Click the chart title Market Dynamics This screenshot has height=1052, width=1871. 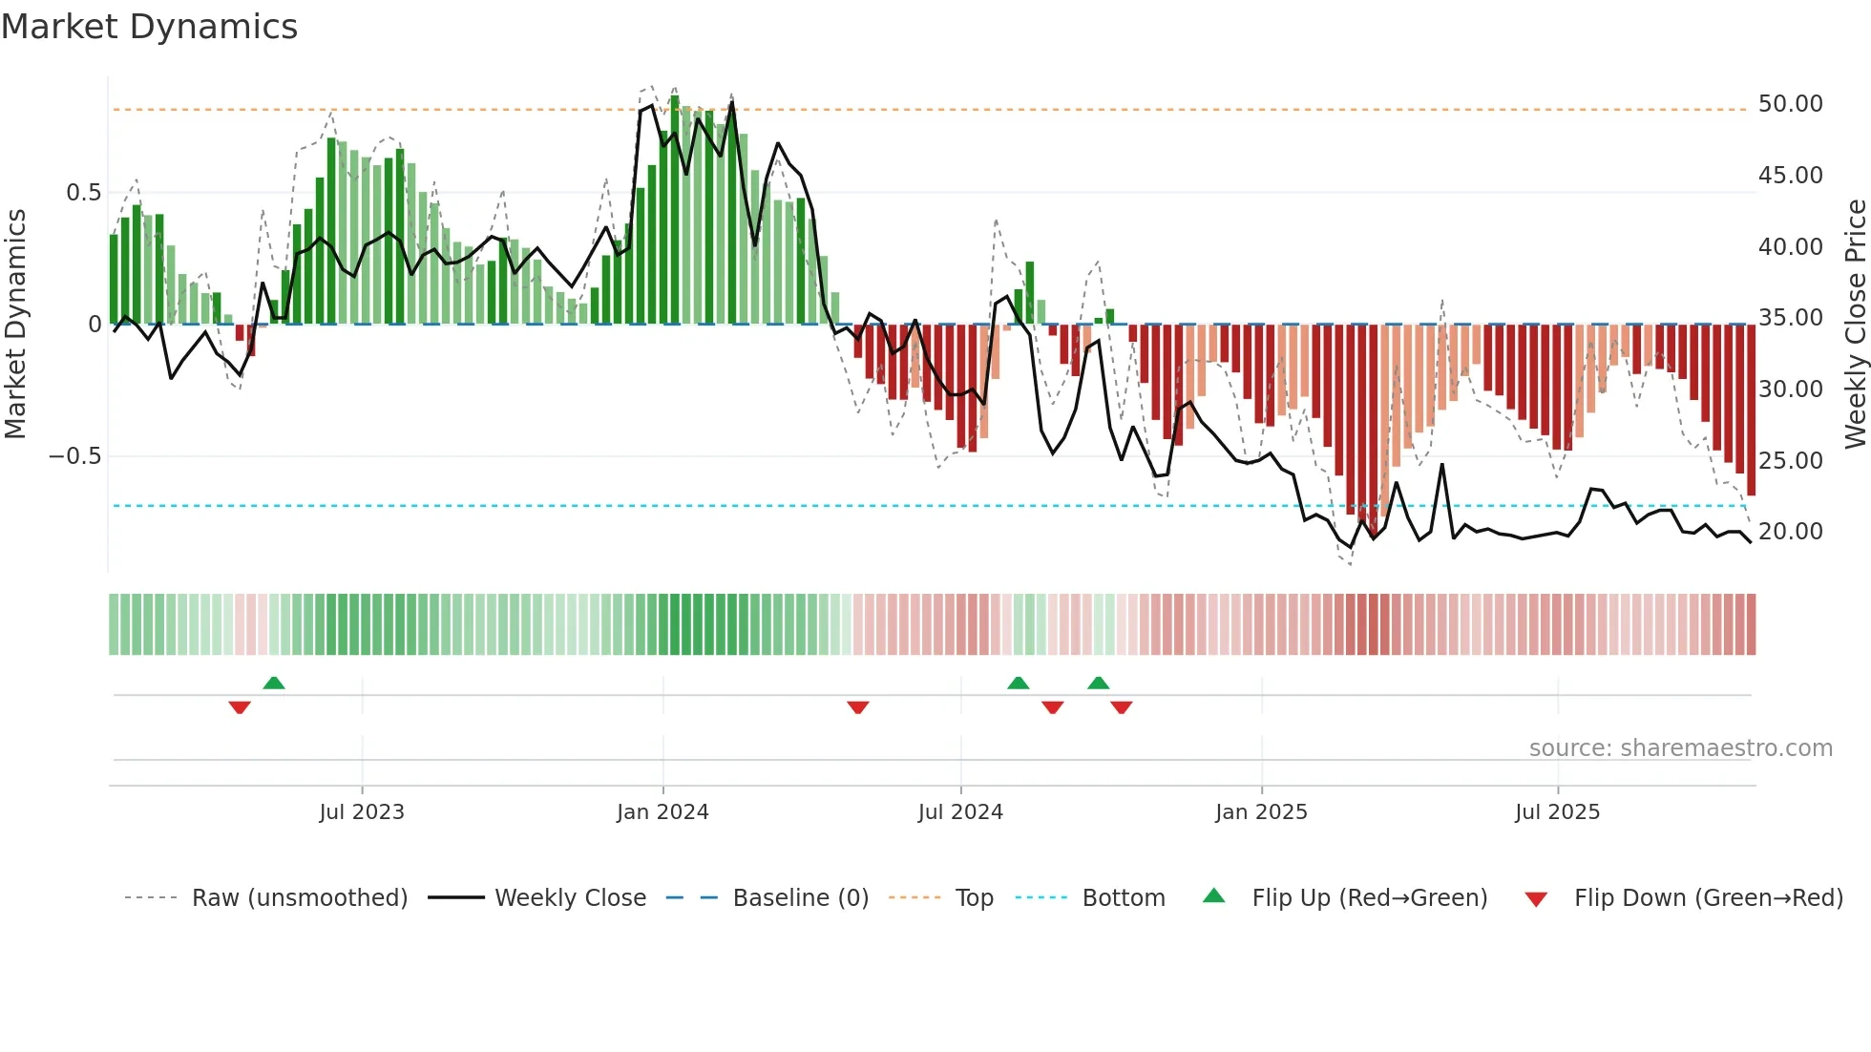click(149, 27)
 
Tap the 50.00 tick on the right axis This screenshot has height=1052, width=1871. click(1790, 103)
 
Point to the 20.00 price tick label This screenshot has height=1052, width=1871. click(1790, 531)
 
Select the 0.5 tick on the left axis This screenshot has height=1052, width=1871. click(83, 193)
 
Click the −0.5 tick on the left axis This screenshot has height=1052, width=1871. click(74, 456)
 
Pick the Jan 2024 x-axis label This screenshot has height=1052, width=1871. click(662, 812)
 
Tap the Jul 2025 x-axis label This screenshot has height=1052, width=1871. click(1557, 812)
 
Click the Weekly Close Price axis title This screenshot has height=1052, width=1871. click(1855, 324)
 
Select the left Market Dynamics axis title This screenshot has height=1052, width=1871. click(15, 324)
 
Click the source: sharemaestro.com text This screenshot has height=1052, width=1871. click(1680, 748)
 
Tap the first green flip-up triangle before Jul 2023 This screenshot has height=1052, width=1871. click(274, 683)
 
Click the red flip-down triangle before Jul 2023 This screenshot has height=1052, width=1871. click(240, 707)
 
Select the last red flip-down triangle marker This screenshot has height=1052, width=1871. click(1122, 707)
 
